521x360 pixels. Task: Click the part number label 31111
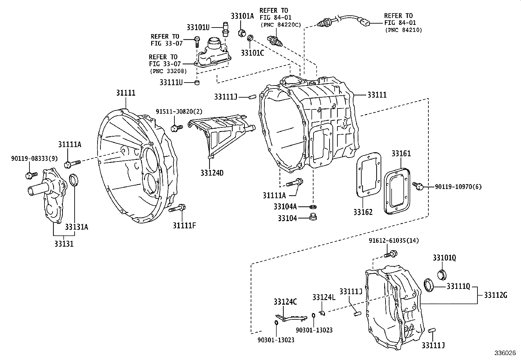pos(126,93)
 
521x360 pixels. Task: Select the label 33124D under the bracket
pos(212,173)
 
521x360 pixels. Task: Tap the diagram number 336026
pos(505,353)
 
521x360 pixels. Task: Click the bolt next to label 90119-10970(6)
pos(418,186)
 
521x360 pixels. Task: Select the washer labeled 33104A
pos(313,207)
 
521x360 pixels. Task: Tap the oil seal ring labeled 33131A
pos(74,180)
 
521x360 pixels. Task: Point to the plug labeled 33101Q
pos(442,274)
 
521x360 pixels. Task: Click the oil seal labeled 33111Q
pos(429,285)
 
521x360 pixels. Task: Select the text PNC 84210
pos(403,30)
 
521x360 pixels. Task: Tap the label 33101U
pos(198,27)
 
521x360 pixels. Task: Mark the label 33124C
pos(285,302)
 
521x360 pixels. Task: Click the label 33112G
pos(495,295)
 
